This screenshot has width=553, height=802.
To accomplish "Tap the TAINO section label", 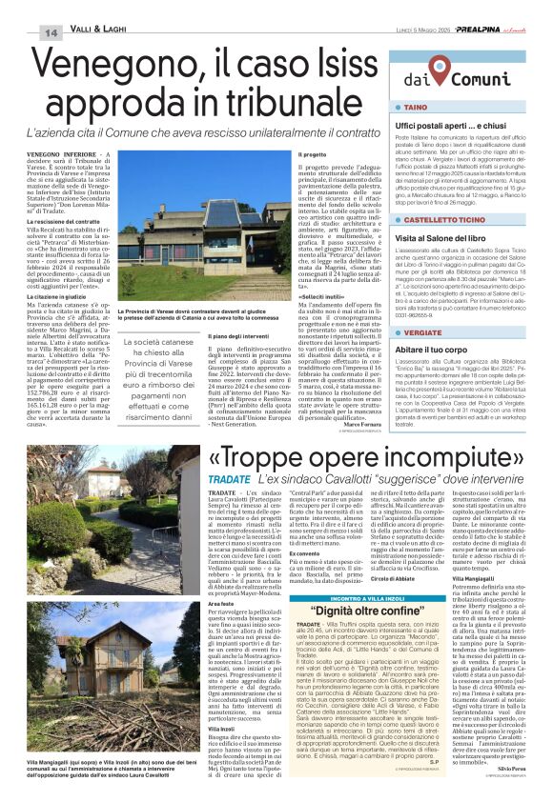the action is pos(415,108).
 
